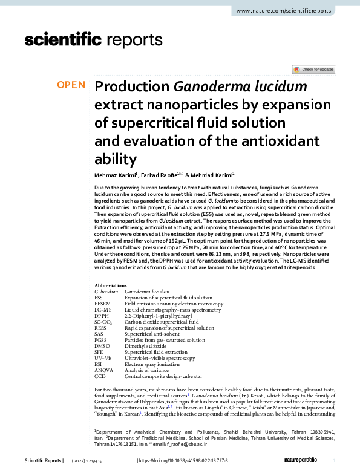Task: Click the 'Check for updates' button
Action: coord(313,70)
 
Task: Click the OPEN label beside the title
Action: coord(71,85)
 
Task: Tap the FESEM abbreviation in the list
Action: coord(103,304)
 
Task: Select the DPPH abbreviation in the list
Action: coord(102,316)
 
